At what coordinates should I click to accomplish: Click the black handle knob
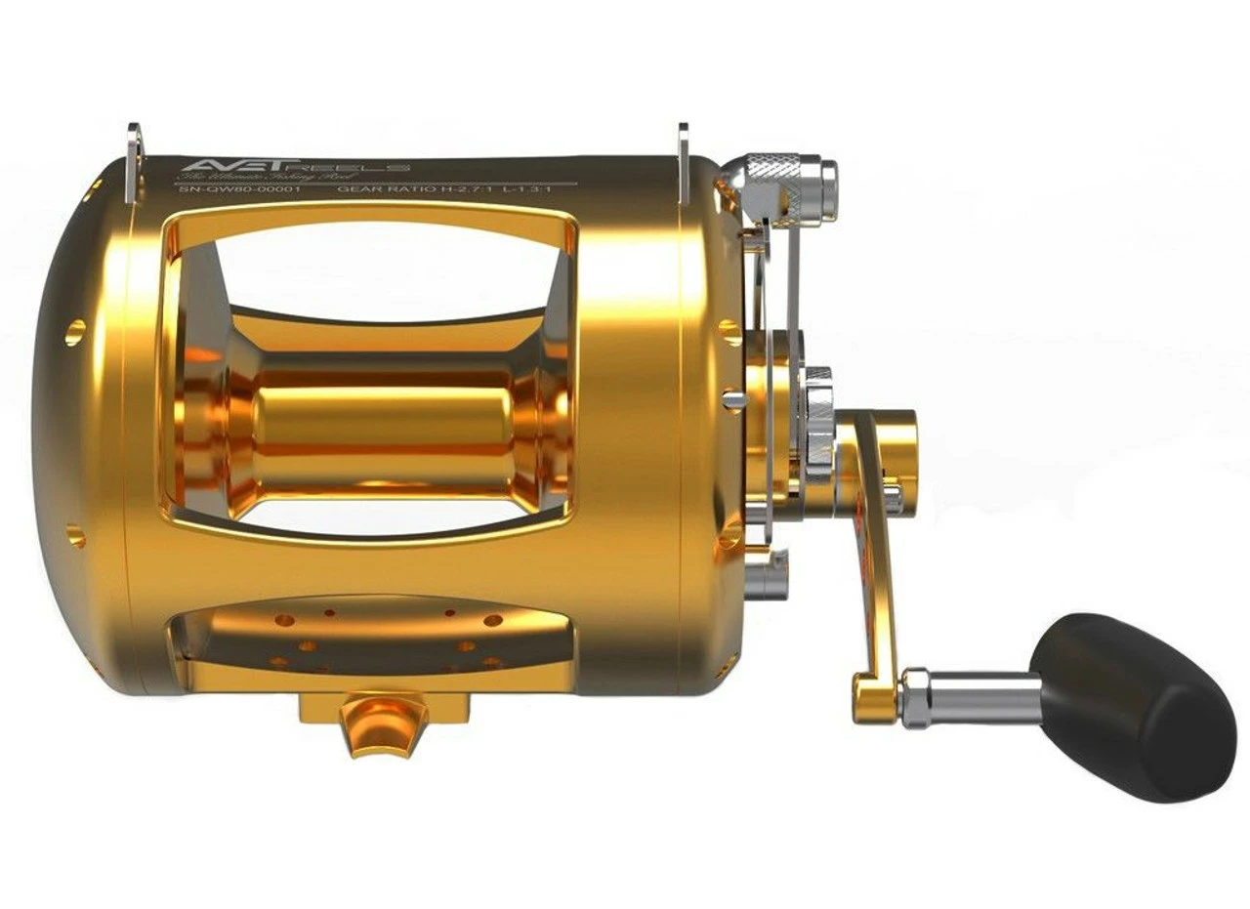[x=1133, y=705]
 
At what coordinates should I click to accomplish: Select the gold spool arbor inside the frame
[x=381, y=420]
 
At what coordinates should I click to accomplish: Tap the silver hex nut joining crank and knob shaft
[x=914, y=697]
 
